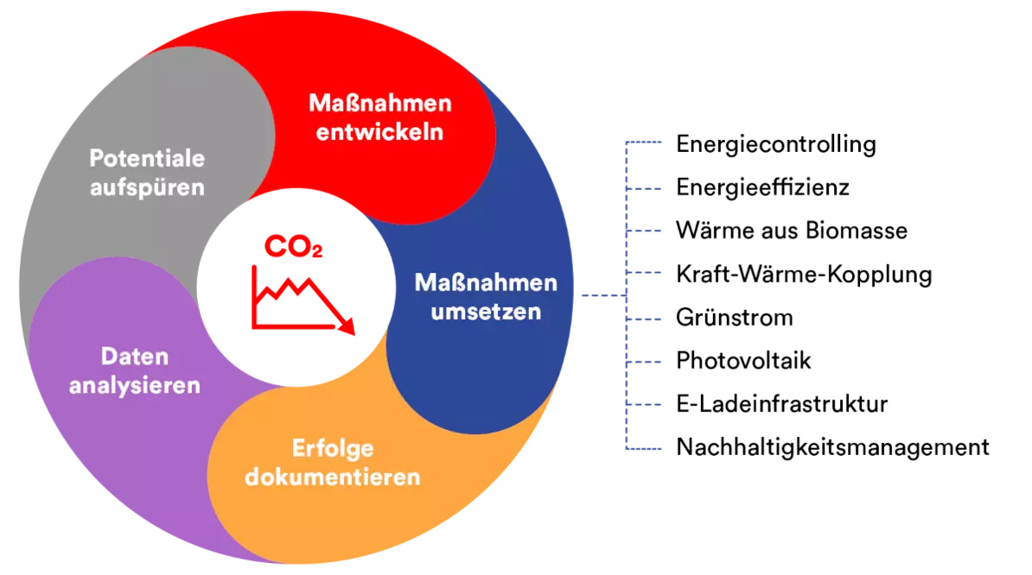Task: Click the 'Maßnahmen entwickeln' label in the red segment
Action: click(x=380, y=117)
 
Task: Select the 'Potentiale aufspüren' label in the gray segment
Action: click(x=148, y=173)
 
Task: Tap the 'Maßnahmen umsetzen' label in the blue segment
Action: click(x=486, y=297)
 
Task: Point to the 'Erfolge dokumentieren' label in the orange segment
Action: click(x=333, y=463)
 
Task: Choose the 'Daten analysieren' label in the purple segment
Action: click(x=135, y=370)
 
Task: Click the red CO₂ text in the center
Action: click(x=294, y=246)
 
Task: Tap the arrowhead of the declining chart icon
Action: click(x=347, y=326)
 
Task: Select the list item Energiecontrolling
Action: click(x=776, y=144)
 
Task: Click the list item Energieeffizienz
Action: click(x=763, y=187)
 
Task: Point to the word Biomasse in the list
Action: click(x=857, y=231)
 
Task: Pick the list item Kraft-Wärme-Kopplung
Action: click(x=805, y=274)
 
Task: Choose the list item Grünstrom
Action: click(x=735, y=318)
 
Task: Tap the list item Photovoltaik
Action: click(x=743, y=361)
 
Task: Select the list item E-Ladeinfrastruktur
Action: click(x=782, y=403)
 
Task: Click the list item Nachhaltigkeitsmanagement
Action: click(x=832, y=447)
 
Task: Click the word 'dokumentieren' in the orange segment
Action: click(x=333, y=477)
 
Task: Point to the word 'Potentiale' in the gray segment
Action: click(x=148, y=158)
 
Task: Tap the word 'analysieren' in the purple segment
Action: click(x=135, y=385)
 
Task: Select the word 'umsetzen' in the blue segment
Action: click(x=486, y=312)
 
